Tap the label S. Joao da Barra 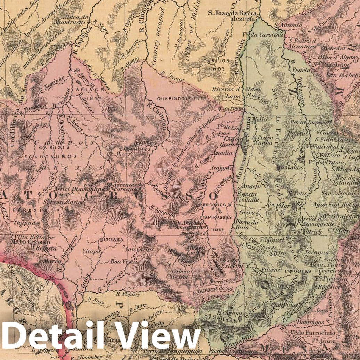pyautogui.click(x=232, y=14)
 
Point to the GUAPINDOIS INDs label pyautogui.click(x=179, y=98)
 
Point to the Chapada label pyautogui.click(x=23, y=223)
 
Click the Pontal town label pyautogui.click(x=298, y=133)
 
